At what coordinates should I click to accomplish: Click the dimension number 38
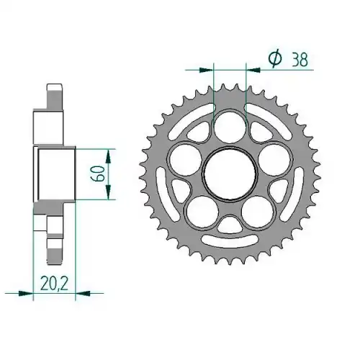point(300,59)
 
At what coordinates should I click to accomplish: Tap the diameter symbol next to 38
point(275,59)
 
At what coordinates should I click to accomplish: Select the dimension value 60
point(98,174)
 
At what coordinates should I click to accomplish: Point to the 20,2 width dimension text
point(55,283)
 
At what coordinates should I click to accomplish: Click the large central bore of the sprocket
point(230,174)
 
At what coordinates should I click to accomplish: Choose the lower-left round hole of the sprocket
point(202,213)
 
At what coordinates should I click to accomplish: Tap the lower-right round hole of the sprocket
point(258,213)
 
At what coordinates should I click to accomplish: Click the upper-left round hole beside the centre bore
point(186,161)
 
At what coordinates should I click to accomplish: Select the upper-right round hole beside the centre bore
point(274,161)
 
